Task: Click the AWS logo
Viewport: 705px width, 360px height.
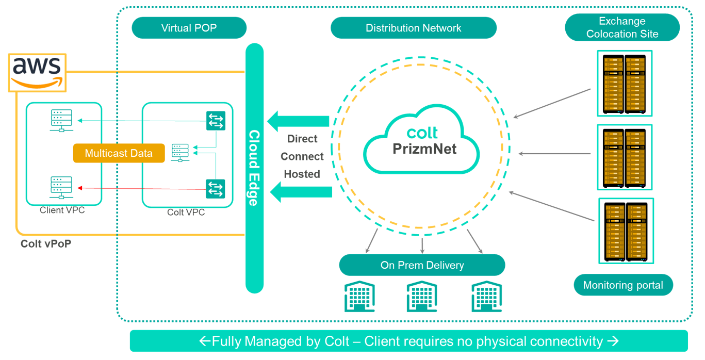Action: pos(37,72)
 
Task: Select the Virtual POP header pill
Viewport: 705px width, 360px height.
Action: pos(189,28)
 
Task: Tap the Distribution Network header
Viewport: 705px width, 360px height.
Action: pos(413,28)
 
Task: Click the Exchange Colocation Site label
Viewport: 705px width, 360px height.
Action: pos(622,28)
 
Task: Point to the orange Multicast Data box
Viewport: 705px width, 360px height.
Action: pos(119,153)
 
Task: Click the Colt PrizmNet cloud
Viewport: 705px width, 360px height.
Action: pos(422,140)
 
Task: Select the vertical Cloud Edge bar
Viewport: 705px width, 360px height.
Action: pos(254,168)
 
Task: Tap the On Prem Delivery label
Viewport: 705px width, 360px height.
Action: pos(422,265)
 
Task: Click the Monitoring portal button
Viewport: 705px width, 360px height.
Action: pos(623,285)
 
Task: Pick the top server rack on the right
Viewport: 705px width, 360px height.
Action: pos(625,83)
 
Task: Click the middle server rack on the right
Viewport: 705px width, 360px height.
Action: pos(625,157)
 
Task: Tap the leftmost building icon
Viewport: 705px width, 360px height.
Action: pos(359,297)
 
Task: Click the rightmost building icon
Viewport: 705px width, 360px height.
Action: pos(486,297)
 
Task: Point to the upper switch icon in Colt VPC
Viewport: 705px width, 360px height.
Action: pos(216,121)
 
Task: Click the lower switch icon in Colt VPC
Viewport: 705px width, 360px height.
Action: pos(216,189)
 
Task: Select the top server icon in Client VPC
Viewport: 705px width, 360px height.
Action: pos(61,120)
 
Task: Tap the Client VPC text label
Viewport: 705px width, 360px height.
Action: pos(62,210)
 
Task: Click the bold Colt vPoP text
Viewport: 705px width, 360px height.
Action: pos(46,244)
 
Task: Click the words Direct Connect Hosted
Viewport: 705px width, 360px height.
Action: pos(302,156)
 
